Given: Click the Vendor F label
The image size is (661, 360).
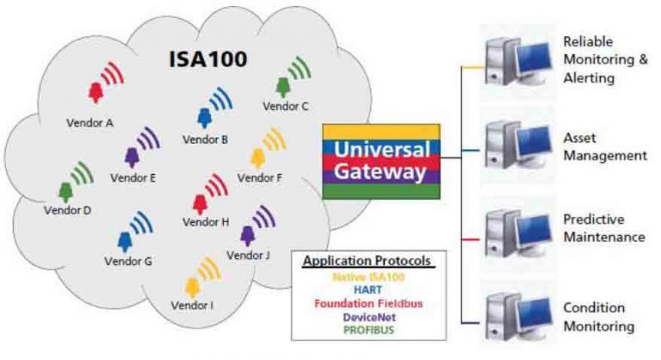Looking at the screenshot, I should (x=259, y=178).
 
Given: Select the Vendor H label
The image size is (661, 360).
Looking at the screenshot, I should (x=207, y=221).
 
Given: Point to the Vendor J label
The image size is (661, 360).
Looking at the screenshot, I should (x=248, y=255).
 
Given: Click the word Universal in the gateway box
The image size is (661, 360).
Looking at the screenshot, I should (x=381, y=147).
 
